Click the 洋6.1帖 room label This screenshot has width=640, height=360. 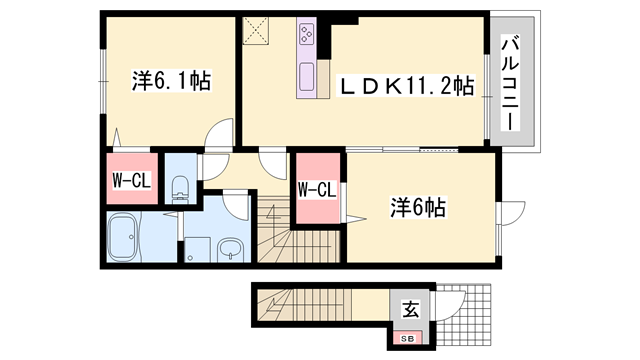tap(171, 81)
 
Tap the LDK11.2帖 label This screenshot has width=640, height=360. tap(406, 85)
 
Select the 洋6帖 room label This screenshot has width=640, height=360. tap(418, 207)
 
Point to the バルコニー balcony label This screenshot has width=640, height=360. tap(510, 83)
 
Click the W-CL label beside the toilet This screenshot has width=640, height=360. tap(131, 180)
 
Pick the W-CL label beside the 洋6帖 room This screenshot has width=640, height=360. tap(317, 190)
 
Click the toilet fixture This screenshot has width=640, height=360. tap(180, 189)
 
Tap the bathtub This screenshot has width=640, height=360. tap(122, 237)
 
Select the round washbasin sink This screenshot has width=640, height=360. tap(230, 249)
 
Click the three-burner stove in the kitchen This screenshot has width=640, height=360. tap(307, 34)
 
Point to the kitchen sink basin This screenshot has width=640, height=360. tap(307, 77)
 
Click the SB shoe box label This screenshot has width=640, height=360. tap(407, 339)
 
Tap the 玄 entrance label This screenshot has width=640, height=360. tap(411, 309)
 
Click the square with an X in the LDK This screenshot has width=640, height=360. tap(256, 31)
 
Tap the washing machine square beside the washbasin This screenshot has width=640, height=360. tap(198, 249)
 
